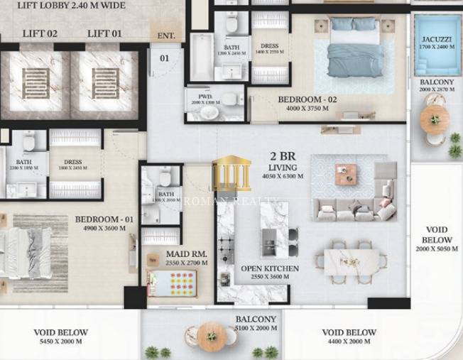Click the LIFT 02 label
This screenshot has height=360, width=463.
[40, 33]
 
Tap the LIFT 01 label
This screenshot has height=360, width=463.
[104, 33]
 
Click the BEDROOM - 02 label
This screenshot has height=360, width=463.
[303, 100]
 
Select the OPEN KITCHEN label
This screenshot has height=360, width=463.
[269, 269]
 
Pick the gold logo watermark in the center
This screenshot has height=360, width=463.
[231, 173]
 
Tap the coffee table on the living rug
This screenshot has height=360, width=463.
[347, 174]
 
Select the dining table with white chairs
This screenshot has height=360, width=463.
[352, 261]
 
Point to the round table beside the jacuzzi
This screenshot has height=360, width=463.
[433, 119]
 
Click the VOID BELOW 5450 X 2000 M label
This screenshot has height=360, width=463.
[61, 337]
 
